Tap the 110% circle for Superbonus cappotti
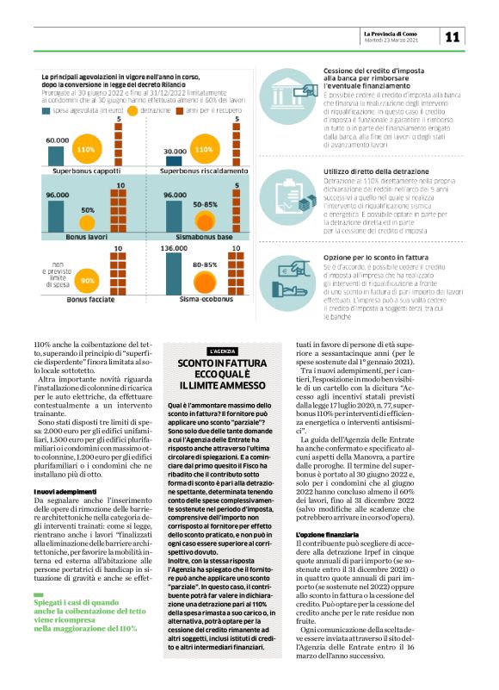tap(85, 150)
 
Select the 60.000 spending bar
tap(58, 153)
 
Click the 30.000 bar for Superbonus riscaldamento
tap(175, 156)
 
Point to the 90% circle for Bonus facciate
tap(87, 281)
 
